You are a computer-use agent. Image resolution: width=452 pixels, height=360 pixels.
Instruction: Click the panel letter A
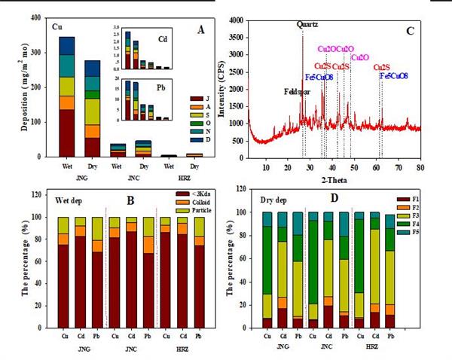coord(200,30)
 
